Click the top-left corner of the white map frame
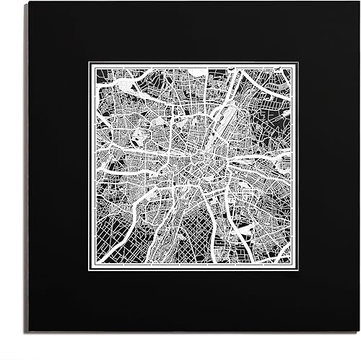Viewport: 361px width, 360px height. [89, 62]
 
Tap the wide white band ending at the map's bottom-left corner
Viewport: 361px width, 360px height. [108, 249]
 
